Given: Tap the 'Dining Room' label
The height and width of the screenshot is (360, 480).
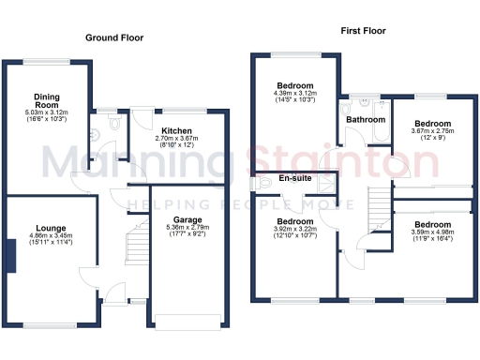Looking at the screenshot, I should (x=46, y=100).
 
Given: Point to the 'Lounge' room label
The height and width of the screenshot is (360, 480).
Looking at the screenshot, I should (x=51, y=227).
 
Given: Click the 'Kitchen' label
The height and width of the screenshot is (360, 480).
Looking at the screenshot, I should (x=176, y=131).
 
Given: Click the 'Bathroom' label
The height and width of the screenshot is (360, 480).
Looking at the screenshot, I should (x=365, y=120).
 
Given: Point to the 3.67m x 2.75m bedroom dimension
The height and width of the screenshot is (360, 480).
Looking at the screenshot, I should (x=433, y=132).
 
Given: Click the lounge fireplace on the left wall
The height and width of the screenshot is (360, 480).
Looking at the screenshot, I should (x=12, y=255).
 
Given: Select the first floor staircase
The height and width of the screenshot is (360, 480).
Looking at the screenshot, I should (x=378, y=200).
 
